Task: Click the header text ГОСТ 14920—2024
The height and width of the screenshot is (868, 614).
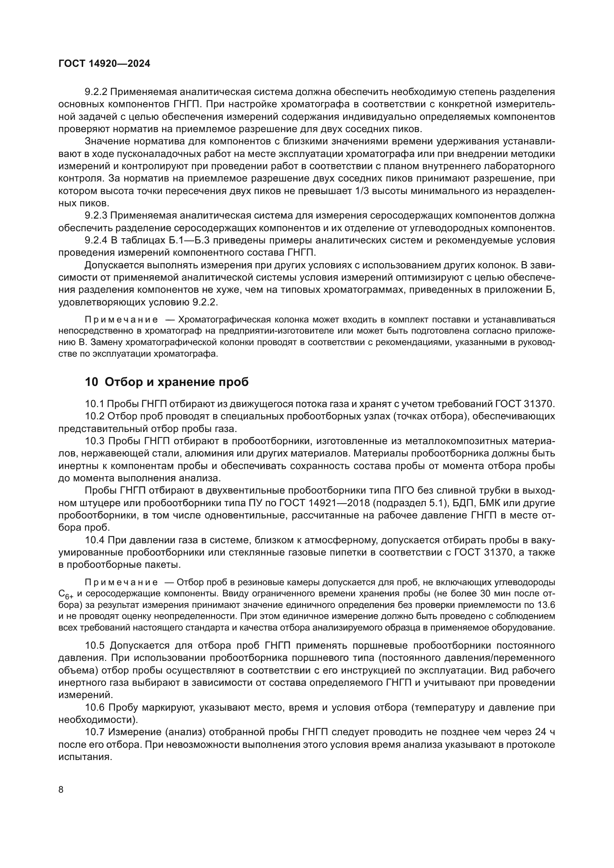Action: pyautogui.click(x=104, y=63)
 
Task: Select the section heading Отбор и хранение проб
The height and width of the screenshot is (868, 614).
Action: pyautogui.click(x=167, y=382)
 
